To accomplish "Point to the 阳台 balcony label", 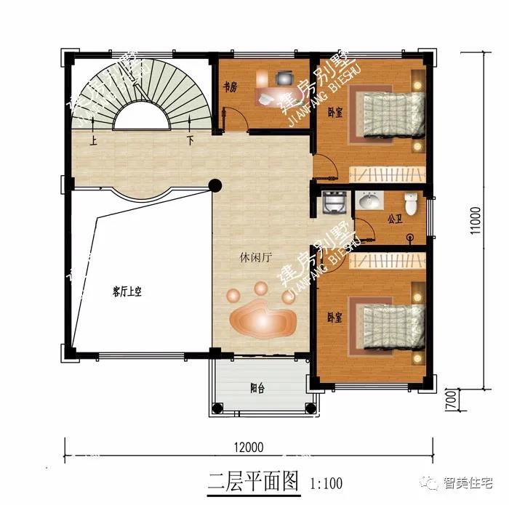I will click(257, 388).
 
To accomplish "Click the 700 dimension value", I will click(451, 398).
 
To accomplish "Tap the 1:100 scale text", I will click(326, 482).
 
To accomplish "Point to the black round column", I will click(215, 185).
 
